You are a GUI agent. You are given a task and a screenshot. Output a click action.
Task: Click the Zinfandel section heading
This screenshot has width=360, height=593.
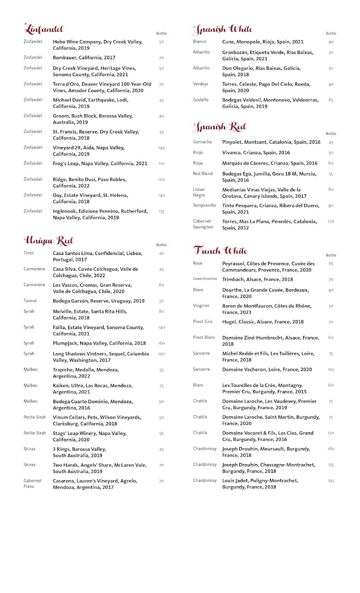(x=44, y=29)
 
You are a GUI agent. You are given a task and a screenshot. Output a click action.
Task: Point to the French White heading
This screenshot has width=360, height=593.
(x=220, y=250)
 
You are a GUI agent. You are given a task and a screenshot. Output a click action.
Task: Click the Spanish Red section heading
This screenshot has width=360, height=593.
(x=219, y=127)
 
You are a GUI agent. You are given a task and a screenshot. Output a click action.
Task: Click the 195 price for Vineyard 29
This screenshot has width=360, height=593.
(x=161, y=148)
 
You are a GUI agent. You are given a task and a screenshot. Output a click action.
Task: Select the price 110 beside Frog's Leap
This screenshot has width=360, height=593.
(x=161, y=164)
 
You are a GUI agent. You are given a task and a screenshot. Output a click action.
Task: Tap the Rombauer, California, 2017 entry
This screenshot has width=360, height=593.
(x=84, y=58)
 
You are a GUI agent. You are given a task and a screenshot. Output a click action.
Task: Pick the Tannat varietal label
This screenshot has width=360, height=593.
(x=31, y=301)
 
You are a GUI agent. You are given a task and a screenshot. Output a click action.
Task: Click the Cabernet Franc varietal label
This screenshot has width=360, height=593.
(x=33, y=483)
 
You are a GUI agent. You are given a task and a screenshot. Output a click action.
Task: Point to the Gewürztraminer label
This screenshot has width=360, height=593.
(x=205, y=279)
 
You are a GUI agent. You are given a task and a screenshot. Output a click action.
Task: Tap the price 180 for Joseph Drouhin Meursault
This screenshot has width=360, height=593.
(x=330, y=449)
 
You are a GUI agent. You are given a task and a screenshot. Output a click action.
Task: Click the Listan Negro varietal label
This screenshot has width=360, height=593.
(x=199, y=192)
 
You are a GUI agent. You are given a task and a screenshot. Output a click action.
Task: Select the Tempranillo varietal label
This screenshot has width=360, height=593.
(x=204, y=206)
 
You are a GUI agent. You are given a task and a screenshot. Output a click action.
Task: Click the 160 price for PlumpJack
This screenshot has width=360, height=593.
(x=161, y=343)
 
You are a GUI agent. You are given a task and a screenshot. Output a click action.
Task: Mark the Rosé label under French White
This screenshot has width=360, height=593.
(x=198, y=263)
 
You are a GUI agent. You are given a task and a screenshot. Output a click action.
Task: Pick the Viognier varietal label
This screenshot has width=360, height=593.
(x=201, y=306)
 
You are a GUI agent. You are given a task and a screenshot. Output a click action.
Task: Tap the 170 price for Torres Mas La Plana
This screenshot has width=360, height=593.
(x=331, y=222)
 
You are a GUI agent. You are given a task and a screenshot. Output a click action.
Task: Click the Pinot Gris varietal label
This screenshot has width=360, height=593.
(x=203, y=322)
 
